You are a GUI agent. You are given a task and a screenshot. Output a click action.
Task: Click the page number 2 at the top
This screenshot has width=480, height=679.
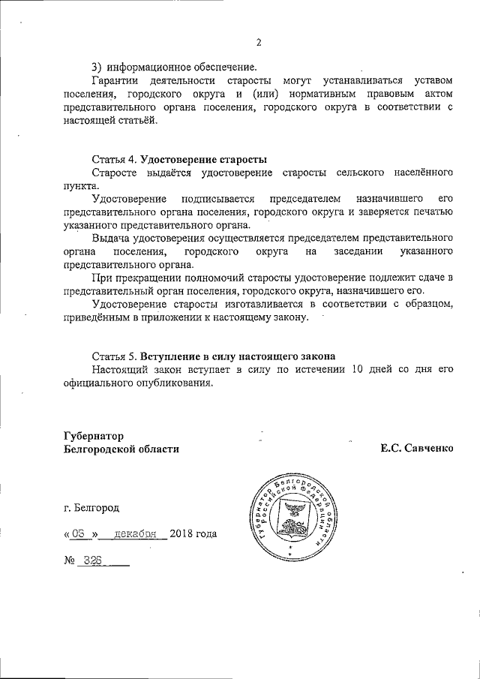coord(258,42)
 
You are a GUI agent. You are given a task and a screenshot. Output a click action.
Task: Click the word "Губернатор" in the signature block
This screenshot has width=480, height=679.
coord(93,435)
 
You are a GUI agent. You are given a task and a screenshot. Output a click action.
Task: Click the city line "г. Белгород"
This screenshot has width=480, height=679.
coord(91,507)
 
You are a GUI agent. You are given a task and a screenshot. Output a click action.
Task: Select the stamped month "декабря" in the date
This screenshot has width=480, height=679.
coord(134,534)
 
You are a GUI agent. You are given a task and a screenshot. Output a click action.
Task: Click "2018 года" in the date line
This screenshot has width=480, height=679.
coord(193,534)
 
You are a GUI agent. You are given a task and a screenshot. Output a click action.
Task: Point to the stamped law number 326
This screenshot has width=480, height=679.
coord(94,560)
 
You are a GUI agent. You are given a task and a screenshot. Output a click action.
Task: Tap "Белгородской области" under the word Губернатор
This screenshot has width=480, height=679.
coord(122,449)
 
